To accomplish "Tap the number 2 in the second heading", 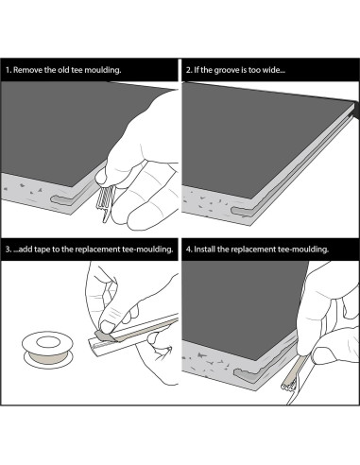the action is click(x=188, y=70).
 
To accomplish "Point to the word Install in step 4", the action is click(x=205, y=250).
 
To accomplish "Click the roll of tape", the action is click(x=47, y=350).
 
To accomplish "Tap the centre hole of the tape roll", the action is click(x=47, y=341).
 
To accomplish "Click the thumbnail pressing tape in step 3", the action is click(x=107, y=327).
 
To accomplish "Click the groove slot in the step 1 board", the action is click(x=64, y=200).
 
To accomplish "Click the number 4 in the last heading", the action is click(x=188, y=250).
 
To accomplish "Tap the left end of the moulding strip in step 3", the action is click(x=92, y=348).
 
